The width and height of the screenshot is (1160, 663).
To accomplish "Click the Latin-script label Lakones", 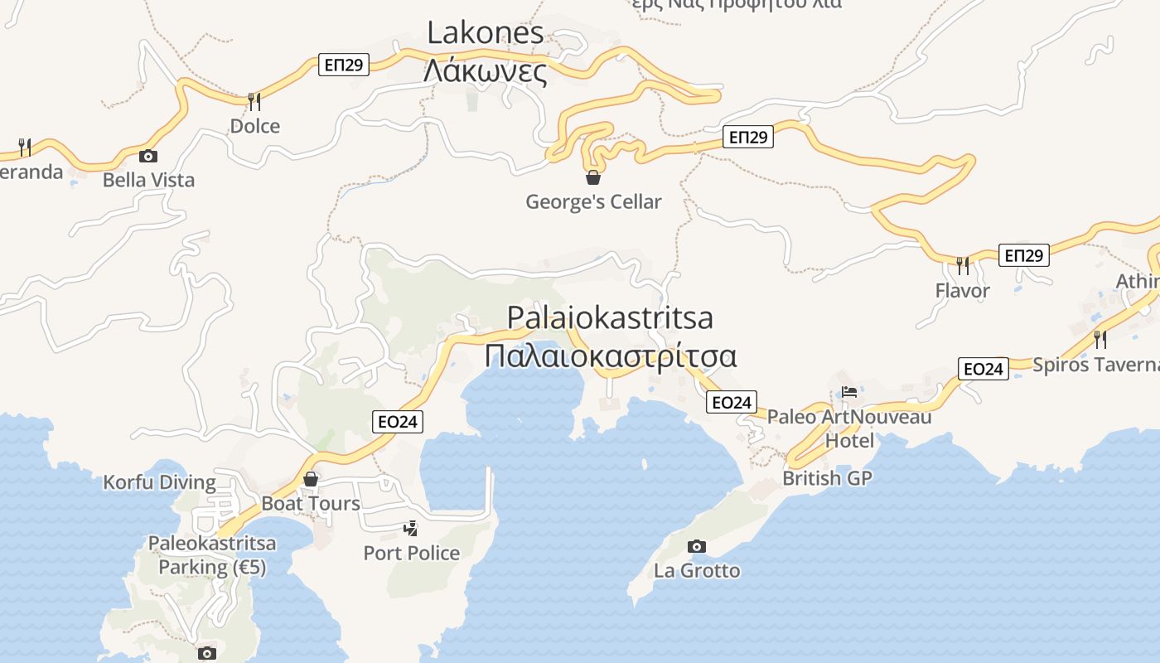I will (486, 33).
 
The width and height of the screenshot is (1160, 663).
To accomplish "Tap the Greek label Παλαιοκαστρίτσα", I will (611, 356).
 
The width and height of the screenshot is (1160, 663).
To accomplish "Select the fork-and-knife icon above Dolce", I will (254, 101).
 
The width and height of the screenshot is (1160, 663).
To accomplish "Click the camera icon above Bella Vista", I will (148, 156).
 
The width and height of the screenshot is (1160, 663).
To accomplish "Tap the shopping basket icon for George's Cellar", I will (593, 177).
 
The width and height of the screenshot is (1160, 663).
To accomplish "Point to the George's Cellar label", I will (593, 201).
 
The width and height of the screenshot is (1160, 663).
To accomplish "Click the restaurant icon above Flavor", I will (962, 265).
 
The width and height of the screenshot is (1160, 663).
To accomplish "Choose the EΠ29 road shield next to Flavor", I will (1023, 255).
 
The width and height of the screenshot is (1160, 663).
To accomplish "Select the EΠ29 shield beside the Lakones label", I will (344, 65).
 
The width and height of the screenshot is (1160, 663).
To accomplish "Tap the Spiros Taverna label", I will (1095, 365).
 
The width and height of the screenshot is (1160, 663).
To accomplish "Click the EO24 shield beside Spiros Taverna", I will (984, 369).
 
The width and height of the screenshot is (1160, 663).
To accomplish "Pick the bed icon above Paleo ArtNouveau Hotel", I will (849, 392).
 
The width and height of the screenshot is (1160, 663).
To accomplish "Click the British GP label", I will (828, 478).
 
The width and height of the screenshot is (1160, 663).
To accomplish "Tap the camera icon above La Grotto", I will (697, 546).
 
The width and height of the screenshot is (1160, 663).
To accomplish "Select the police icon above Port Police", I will (410, 528).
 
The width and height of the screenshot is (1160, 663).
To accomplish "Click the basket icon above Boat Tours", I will (311, 479).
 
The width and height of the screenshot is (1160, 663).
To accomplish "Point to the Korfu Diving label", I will (159, 482).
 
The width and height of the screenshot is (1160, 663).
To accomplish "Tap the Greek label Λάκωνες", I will (486, 72).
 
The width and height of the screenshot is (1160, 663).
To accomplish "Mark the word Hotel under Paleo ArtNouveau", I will (849, 440).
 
